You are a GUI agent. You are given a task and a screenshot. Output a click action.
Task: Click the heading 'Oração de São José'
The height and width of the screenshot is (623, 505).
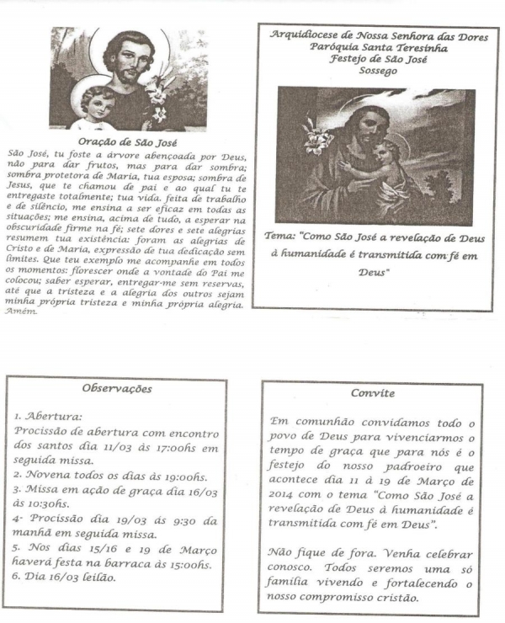tap(125, 142)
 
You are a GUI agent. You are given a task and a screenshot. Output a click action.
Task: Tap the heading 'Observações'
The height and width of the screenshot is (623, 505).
tap(117, 389)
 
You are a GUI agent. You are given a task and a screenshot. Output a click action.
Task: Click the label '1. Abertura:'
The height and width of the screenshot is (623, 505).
tap(47, 416)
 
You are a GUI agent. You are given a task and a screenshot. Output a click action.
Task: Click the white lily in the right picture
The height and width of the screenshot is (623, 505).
tap(297, 135)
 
